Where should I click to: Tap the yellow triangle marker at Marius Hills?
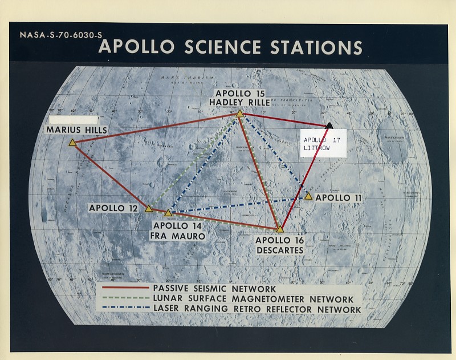click(x=72, y=143)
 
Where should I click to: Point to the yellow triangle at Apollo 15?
click(x=240, y=114)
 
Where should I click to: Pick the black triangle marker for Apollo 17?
click(x=329, y=125)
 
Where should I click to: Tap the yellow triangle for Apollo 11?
click(x=308, y=196)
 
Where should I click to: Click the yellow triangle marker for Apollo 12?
click(x=148, y=209)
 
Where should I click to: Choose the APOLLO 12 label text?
click(x=113, y=208)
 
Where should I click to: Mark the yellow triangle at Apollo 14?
click(x=168, y=213)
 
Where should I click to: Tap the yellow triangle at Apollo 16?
click(x=280, y=229)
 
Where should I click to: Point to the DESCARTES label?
click(x=280, y=250)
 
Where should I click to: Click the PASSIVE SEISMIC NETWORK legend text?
click(x=215, y=289)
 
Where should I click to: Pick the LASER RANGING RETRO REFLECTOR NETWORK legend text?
click(x=257, y=309)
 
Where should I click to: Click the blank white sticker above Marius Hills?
click(x=74, y=120)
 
